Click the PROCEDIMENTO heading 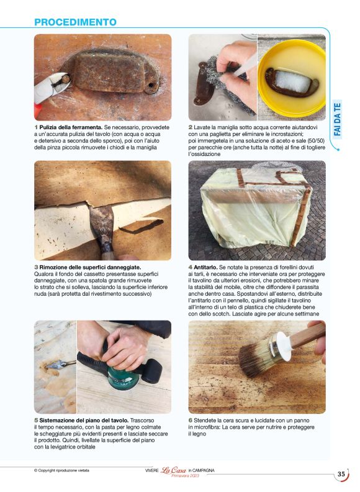coord(75,22)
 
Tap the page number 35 coord(341,475)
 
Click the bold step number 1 coord(36,127)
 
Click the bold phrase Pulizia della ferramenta coord(71,127)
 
